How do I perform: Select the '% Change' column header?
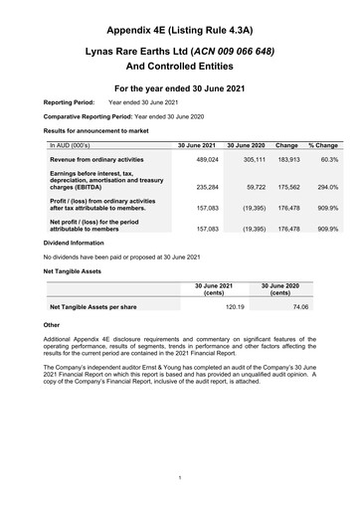(x=323, y=145)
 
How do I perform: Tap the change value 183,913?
(x=286, y=159)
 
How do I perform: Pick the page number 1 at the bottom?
(x=180, y=478)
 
